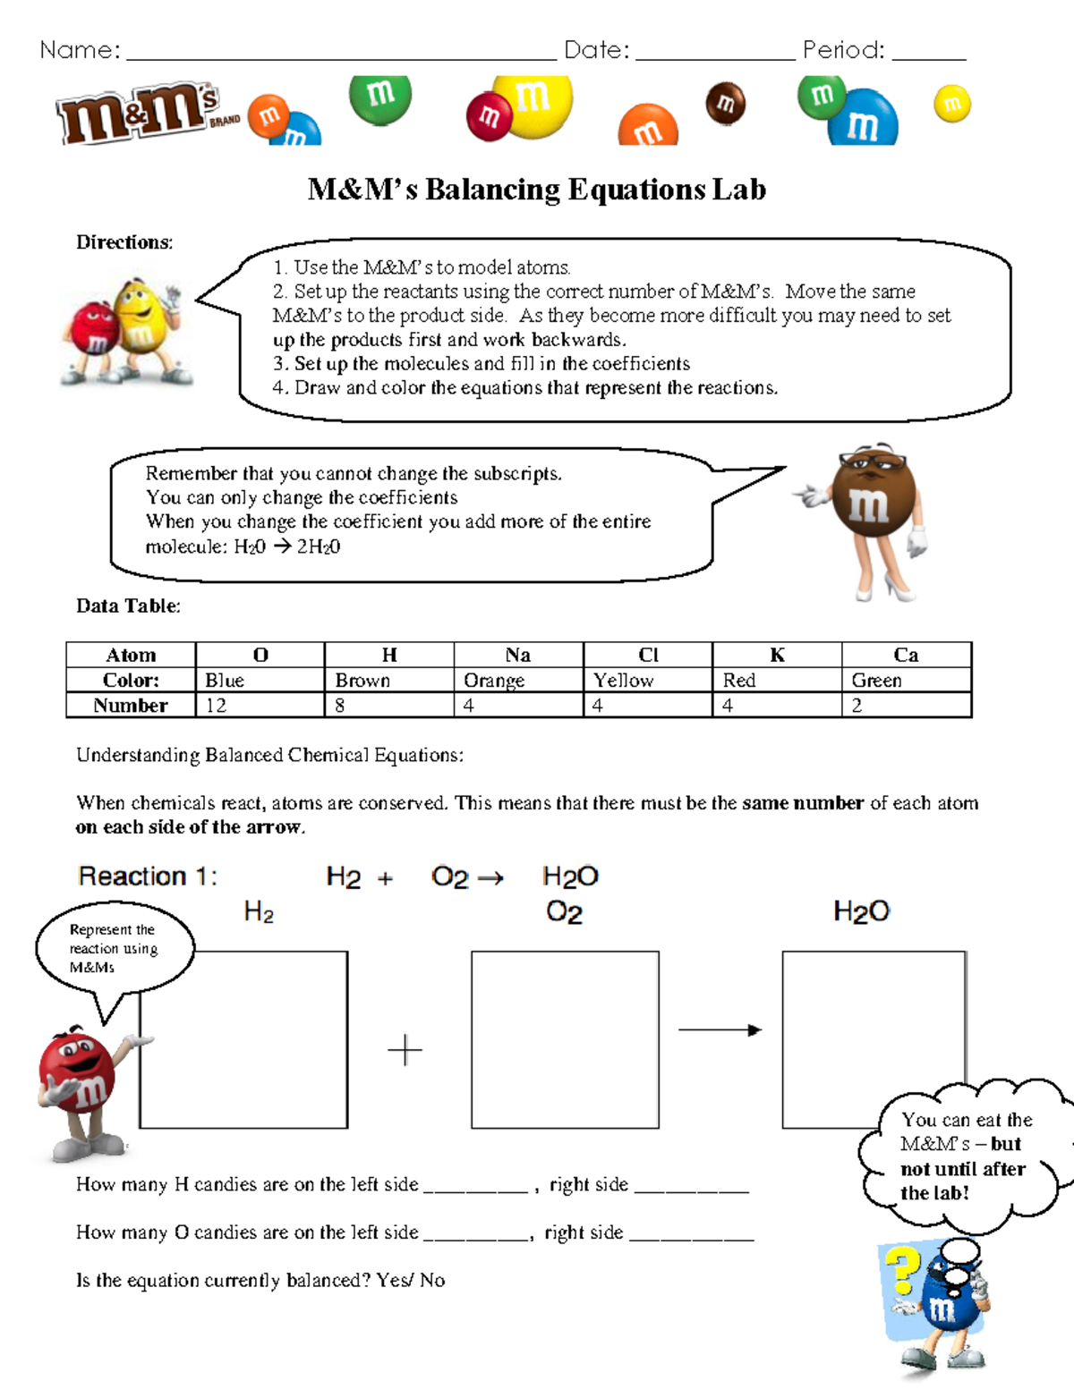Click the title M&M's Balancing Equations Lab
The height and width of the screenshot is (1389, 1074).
pyautogui.click(x=536, y=190)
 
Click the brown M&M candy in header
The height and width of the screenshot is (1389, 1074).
pyautogui.click(x=725, y=103)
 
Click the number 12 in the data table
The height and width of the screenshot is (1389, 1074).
pyautogui.click(x=216, y=706)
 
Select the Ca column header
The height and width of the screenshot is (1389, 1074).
pyautogui.click(x=906, y=655)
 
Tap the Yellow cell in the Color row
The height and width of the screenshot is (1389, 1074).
pyautogui.click(x=624, y=681)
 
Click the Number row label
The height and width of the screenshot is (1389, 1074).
pyautogui.click(x=131, y=706)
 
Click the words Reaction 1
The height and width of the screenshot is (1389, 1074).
pyautogui.click(x=148, y=877)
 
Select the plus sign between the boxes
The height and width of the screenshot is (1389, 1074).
pyautogui.click(x=405, y=1049)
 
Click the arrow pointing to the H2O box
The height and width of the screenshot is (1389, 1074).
pyautogui.click(x=720, y=1030)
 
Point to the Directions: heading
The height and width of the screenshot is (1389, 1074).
pyautogui.click(x=124, y=242)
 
